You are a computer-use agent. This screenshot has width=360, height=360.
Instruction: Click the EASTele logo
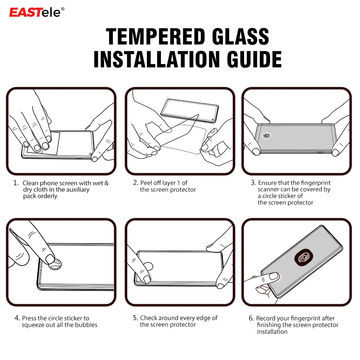pos(36,12)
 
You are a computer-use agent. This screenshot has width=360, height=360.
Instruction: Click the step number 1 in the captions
pos(15,183)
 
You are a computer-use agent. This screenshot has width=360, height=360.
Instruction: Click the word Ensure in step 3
pos(267,183)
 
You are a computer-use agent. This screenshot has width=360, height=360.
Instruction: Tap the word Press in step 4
pos(29,318)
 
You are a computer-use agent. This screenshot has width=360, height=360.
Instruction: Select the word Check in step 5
pos(149,318)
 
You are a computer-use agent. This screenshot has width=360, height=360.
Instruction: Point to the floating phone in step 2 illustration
pos(189,109)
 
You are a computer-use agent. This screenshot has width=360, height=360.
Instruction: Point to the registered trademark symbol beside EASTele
pos(63,9)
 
